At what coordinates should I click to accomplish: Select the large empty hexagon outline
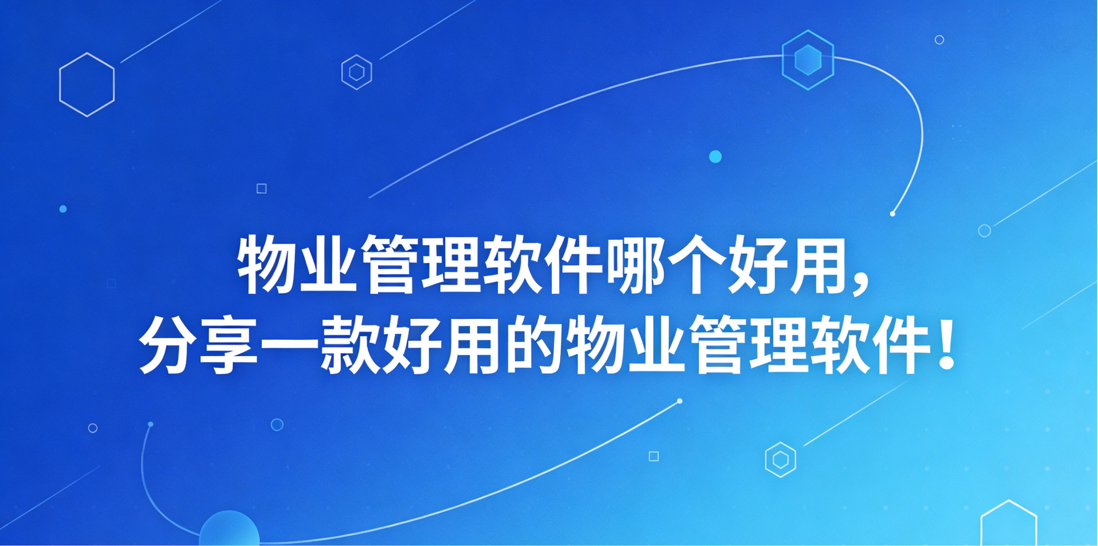[x=87, y=84]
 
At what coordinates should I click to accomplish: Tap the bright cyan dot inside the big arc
[x=715, y=156]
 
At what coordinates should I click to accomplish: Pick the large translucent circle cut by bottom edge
[x=229, y=531]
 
